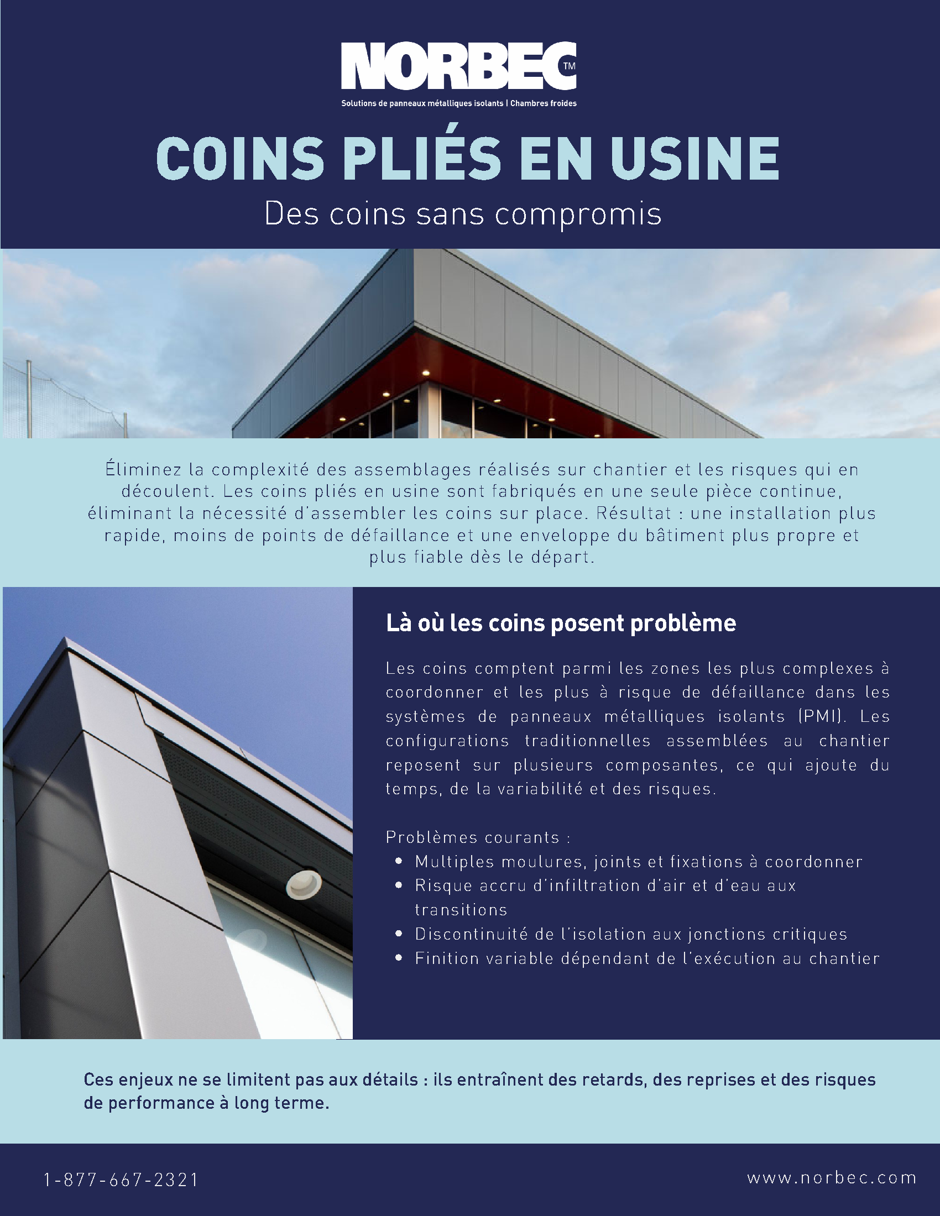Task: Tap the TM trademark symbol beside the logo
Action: tap(569, 66)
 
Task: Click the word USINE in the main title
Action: tap(695, 159)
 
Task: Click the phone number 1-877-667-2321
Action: tap(121, 1180)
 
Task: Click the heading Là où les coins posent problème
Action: tap(561, 623)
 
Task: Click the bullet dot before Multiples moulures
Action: tap(398, 861)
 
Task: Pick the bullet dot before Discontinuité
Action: tap(398, 934)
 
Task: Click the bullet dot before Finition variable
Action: tap(398, 958)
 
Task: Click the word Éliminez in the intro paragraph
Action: tap(143, 469)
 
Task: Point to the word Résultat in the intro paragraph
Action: tap(634, 513)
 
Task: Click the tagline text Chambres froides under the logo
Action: tap(543, 103)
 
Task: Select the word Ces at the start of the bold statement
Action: tap(98, 1079)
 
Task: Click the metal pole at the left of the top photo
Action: tap(29, 398)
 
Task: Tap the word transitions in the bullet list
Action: tap(461, 910)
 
